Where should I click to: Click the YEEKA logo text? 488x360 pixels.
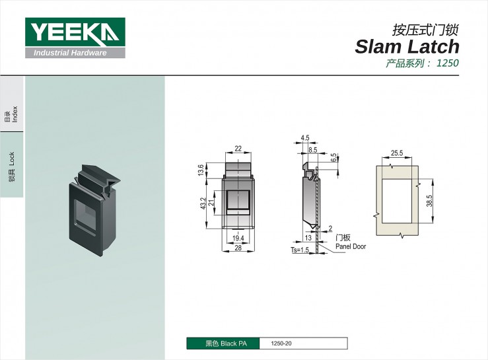[75, 32]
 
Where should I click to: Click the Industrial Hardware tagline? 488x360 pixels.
[70, 53]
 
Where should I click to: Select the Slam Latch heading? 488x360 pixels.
[407, 47]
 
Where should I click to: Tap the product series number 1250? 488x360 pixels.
[447, 63]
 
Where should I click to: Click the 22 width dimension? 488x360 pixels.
[238, 149]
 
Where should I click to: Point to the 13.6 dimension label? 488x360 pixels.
[201, 170]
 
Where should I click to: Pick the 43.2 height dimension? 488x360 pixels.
[203, 203]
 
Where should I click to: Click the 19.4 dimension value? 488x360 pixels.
[238, 238]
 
